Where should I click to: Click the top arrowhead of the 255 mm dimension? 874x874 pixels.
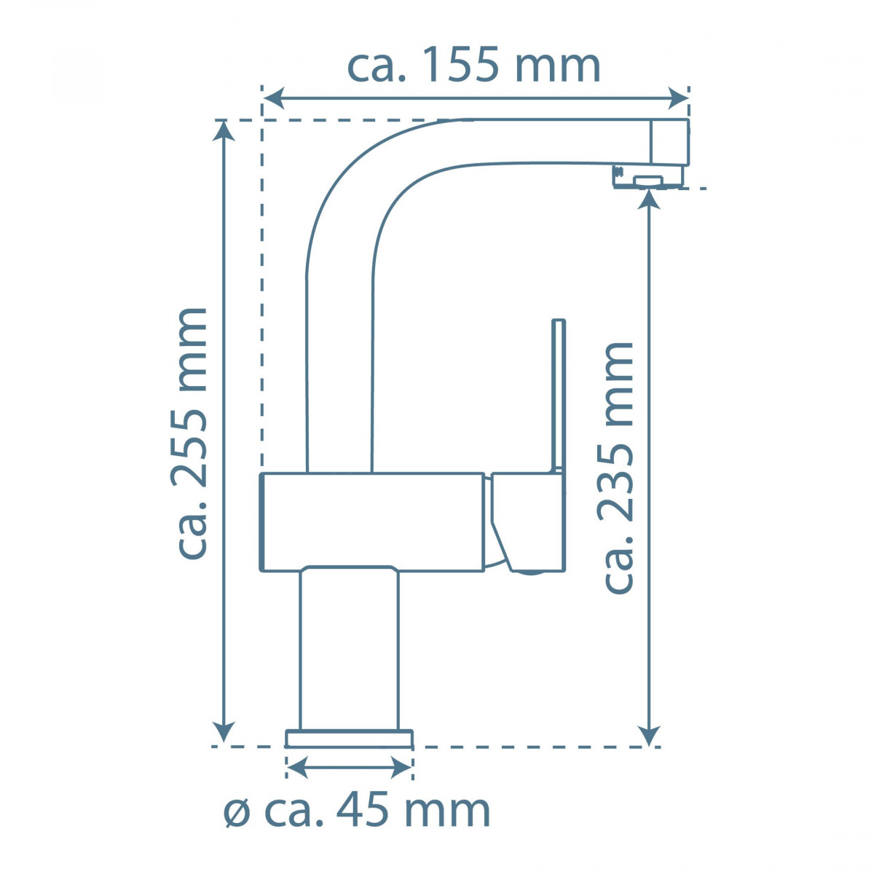224,130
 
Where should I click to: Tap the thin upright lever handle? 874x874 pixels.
559,393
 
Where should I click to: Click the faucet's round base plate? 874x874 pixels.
349,739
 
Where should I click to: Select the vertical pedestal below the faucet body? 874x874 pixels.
349,648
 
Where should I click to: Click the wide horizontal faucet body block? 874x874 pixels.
371,521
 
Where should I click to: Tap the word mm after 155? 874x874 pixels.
557,66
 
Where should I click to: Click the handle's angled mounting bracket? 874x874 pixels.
528,521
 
